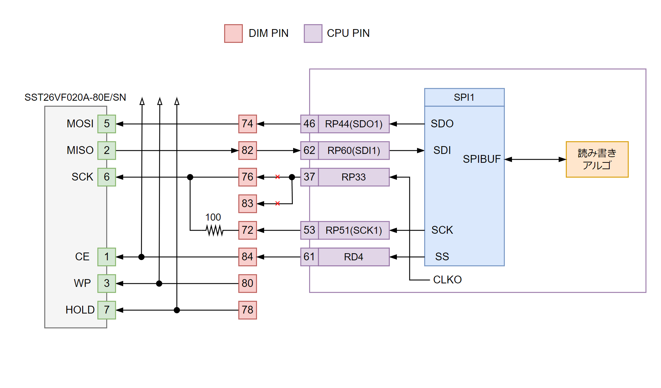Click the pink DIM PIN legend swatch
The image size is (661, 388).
tap(233, 33)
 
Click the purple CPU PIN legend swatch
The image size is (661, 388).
tap(313, 33)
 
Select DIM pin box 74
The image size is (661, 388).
tap(247, 124)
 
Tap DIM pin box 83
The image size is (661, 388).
tap(247, 204)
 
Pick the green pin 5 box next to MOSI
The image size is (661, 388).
tap(107, 124)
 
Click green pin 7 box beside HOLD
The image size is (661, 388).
tap(107, 310)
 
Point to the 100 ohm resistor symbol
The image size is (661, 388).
tap(215, 230)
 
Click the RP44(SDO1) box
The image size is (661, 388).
tap(354, 124)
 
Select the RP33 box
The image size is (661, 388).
tap(354, 177)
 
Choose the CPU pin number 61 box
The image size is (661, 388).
tap(309, 257)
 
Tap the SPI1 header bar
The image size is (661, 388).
tap(464, 97)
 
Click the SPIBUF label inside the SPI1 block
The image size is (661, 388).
tap(481, 159)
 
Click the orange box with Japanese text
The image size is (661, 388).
tap(597, 159)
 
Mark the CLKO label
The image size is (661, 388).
tap(447, 280)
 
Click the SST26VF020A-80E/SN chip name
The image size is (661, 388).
tap(75, 98)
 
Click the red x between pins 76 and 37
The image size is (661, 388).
tap(278, 177)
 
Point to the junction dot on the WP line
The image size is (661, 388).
tap(159, 283)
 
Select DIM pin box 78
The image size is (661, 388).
tap(247, 310)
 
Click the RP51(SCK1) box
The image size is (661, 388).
tap(354, 230)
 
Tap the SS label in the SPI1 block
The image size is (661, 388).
tap(442, 257)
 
